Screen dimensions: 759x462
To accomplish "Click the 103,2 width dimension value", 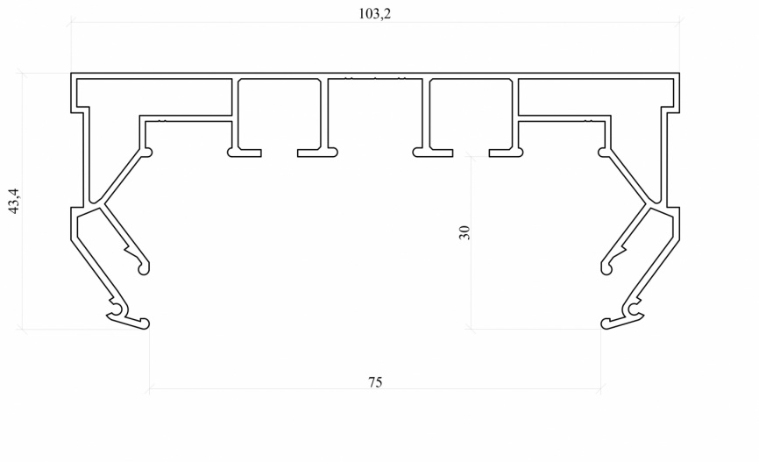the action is click(374, 13).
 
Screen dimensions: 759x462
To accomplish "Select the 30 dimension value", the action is click(465, 232).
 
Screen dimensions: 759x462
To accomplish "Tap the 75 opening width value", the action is click(375, 382).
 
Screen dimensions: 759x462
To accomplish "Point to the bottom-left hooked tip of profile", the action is click(145, 323).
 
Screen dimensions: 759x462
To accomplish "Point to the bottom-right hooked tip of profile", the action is click(606, 323).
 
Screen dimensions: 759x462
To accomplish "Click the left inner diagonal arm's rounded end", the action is click(144, 267).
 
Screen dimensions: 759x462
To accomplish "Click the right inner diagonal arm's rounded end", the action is click(606, 267).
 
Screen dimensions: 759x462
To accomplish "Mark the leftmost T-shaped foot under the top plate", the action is click(245, 153).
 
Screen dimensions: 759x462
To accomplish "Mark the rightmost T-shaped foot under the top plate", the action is click(507, 153).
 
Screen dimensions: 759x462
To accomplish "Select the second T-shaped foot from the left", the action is click(317, 153).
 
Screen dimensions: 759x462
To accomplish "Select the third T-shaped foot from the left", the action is click(433, 153).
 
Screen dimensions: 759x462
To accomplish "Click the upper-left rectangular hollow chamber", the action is click(153, 96).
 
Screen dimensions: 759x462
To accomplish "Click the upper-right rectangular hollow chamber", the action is click(596, 96).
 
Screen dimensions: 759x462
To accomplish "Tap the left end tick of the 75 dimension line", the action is click(150, 388).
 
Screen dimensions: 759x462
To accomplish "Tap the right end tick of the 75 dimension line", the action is click(600, 388).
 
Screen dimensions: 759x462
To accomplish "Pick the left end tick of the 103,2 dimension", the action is click(72, 21).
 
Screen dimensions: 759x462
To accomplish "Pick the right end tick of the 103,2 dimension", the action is click(679, 21).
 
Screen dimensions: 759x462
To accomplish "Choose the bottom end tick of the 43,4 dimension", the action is click(22, 329).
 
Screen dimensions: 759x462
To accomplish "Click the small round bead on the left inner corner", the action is click(148, 153).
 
